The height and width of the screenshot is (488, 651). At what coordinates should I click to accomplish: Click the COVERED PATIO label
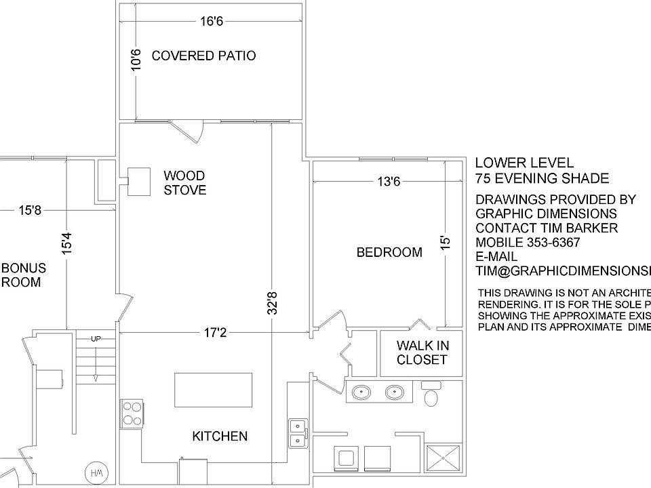pyautogui.click(x=203, y=56)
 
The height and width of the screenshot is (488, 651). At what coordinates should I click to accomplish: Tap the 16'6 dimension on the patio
pyautogui.click(x=212, y=22)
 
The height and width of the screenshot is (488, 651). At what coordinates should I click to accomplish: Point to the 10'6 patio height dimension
pyautogui.click(x=136, y=60)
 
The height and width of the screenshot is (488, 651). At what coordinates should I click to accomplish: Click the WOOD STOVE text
pyautogui.click(x=184, y=183)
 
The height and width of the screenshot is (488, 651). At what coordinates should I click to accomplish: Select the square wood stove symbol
pyautogui.click(x=139, y=181)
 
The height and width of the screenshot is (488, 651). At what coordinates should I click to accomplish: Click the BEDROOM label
pyautogui.click(x=389, y=253)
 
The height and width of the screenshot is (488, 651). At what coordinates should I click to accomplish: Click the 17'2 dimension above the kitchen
pyautogui.click(x=216, y=333)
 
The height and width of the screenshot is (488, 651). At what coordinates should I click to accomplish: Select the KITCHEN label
pyautogui.click(x=220, y=436)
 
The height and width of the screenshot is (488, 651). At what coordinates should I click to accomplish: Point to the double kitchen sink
pyautogui.click(x=297, y=433)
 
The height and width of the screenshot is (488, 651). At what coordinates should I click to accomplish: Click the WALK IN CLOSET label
pyautogui.click(x=422, y=352)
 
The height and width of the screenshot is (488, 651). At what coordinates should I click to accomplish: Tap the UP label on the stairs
pyautogui.click(x=96, y=338)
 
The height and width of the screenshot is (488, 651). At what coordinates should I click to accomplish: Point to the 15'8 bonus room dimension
pyautogui.click(x=30, y=211)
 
